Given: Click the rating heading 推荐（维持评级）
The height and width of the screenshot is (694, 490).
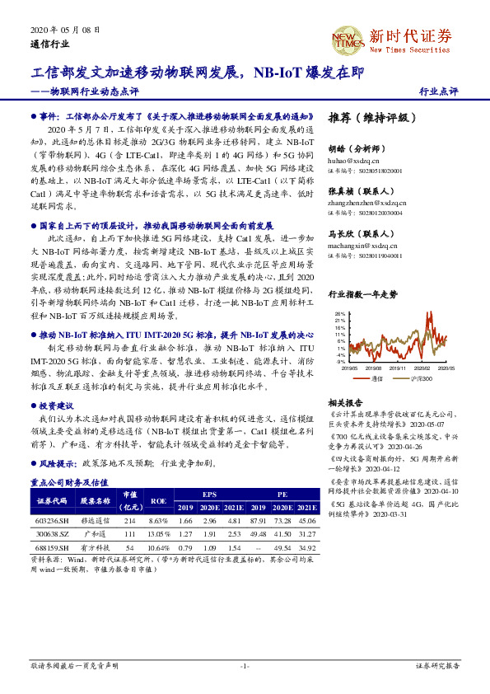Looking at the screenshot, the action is point(367,118).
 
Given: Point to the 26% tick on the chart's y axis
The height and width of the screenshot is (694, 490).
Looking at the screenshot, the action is point(340,314).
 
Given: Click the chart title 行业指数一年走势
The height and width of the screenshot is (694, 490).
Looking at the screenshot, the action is point(362,293).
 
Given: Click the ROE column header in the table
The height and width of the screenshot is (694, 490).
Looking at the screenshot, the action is point(158,500).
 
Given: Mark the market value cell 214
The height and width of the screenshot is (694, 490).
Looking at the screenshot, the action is point(128,522).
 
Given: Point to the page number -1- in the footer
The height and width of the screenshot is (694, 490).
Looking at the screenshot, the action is point(245,665).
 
